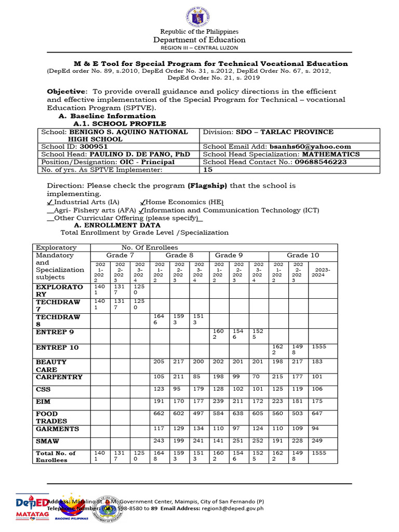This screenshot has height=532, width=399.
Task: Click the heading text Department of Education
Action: pyautogui.click(x=199, y=40)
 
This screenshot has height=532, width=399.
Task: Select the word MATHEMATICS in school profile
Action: pyautogui.click(x=331, y=154)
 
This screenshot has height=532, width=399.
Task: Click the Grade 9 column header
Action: pyautogui.click(x=229, y=256)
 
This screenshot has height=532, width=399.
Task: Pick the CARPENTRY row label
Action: pyautogui.click(x=59, y=377)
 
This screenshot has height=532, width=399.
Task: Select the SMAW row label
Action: pyautogui.click(x=47, y=441)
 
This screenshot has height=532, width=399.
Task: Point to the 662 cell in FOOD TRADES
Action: pyautogui.click(x=158, y=414)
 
